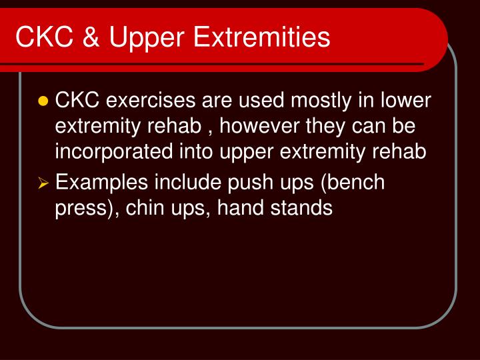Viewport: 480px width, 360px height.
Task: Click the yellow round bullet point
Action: click(44, 101)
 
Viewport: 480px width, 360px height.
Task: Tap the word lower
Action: click(404, 101)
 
